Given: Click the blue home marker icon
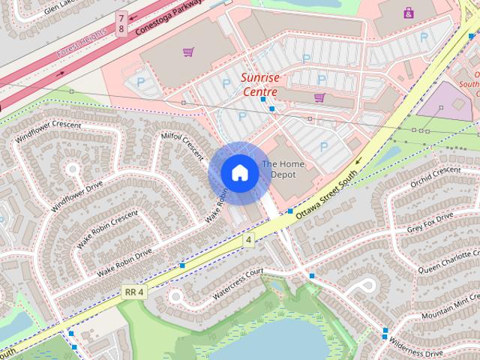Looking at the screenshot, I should (239, 172).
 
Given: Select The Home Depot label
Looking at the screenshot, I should (279, 169).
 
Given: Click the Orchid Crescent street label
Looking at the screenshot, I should (436, 178).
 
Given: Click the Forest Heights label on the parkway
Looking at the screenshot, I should (82, 49).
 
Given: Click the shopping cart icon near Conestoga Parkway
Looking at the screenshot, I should (188, 52).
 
